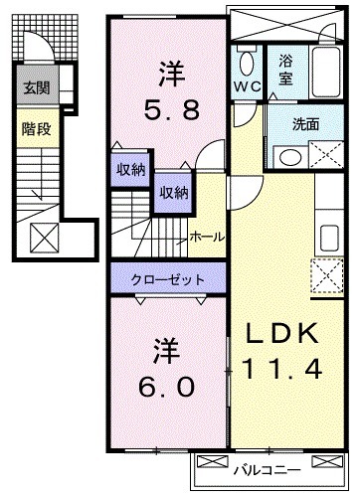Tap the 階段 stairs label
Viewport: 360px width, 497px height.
click(x=37, y=127)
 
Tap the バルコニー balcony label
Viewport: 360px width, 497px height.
click(x=265, y=465)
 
